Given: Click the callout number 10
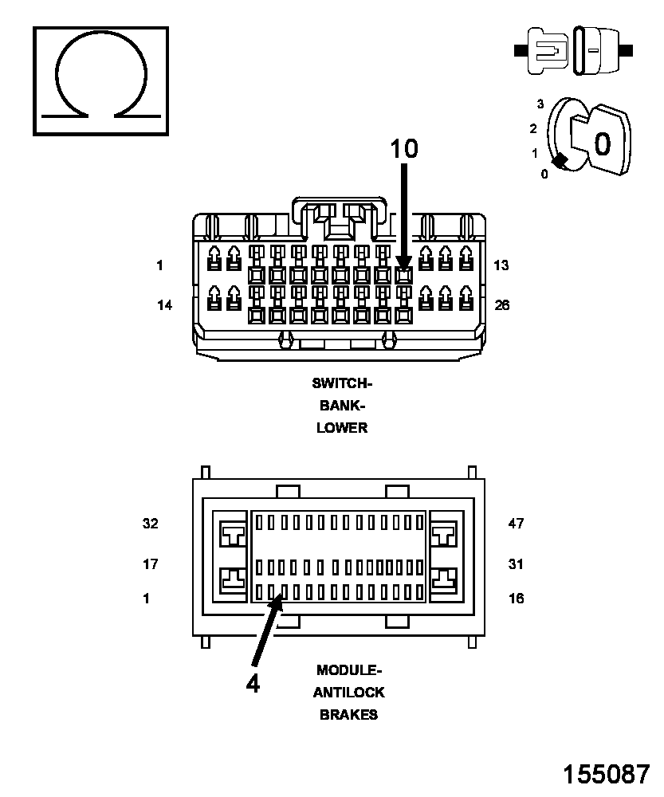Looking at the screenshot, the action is pyautogui.click(x=404, y=149).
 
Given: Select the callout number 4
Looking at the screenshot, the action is pyautogui.click(x=253, y=684).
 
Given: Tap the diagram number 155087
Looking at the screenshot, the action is pyautogui.click(x=607, y=774).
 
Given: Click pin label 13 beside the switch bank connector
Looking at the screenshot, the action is pyautogui.click(x=501, y=265).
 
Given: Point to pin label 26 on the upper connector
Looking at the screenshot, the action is pyautogui.click(x=502, y=305).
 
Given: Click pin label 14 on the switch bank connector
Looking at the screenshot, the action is pyautogui.click(x=164, y=305).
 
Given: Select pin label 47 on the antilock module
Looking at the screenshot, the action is pyautogui.click(x=516, y=523).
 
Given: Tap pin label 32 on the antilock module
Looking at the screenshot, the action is pyautogui.click(x=151, y=523).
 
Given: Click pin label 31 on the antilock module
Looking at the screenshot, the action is pyautogui.click(x=516, y=563).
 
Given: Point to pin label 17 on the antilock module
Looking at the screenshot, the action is pyautogui.click(x=150, y=563).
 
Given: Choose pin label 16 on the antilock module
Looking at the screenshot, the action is pyautogui.click(x=516, y=599).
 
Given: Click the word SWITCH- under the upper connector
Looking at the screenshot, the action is pyautogui.click(x=342, y=383).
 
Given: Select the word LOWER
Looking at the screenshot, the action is pyautogui.click(x=342, y=427).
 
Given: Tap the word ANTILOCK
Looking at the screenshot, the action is pyautogui.click(x=349, y=693).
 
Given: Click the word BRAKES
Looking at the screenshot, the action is pyautogui.click(x=349, y=715).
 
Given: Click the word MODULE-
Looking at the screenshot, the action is pyautogui.click(x=349, y=670).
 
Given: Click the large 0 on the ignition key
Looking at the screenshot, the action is pyautogui.click(x=603, y=143).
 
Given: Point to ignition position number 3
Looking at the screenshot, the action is pyautogui.click(x=540, y=104).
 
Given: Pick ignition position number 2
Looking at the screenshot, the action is pyautogui.click(x=532, y=128).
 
